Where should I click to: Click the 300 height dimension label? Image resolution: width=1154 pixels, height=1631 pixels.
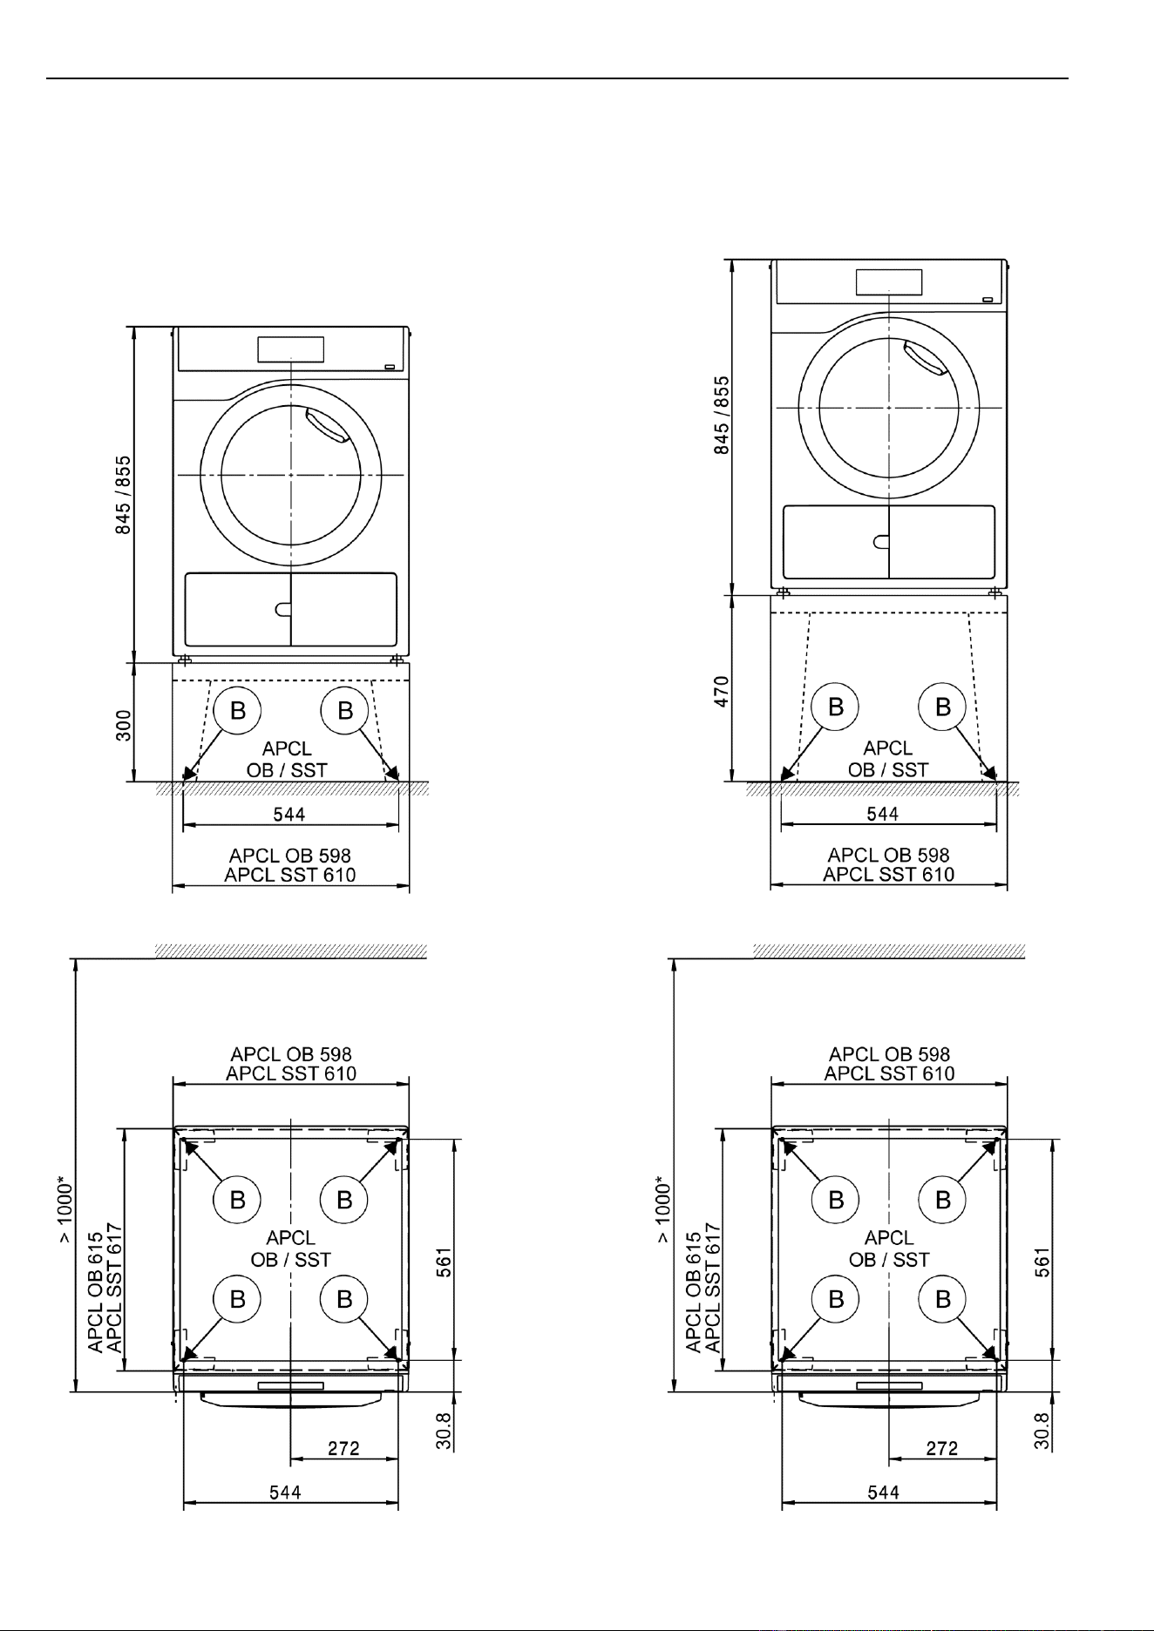(x=125, y=724)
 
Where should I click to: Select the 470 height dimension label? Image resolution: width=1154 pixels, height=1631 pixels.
(x=723, y=691)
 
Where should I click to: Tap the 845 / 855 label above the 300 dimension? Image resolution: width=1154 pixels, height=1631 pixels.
(x=125, y=495)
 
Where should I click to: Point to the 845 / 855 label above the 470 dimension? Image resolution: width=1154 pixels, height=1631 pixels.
(x=723, y=416)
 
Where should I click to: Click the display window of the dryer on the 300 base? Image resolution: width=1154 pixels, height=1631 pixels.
(x=290, y=349)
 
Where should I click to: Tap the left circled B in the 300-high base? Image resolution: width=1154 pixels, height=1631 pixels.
(x=237, y=710)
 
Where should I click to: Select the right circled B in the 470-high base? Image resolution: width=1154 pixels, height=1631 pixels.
(x=943, y=707)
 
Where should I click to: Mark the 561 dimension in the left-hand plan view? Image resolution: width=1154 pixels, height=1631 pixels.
(x=444, y=1261)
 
